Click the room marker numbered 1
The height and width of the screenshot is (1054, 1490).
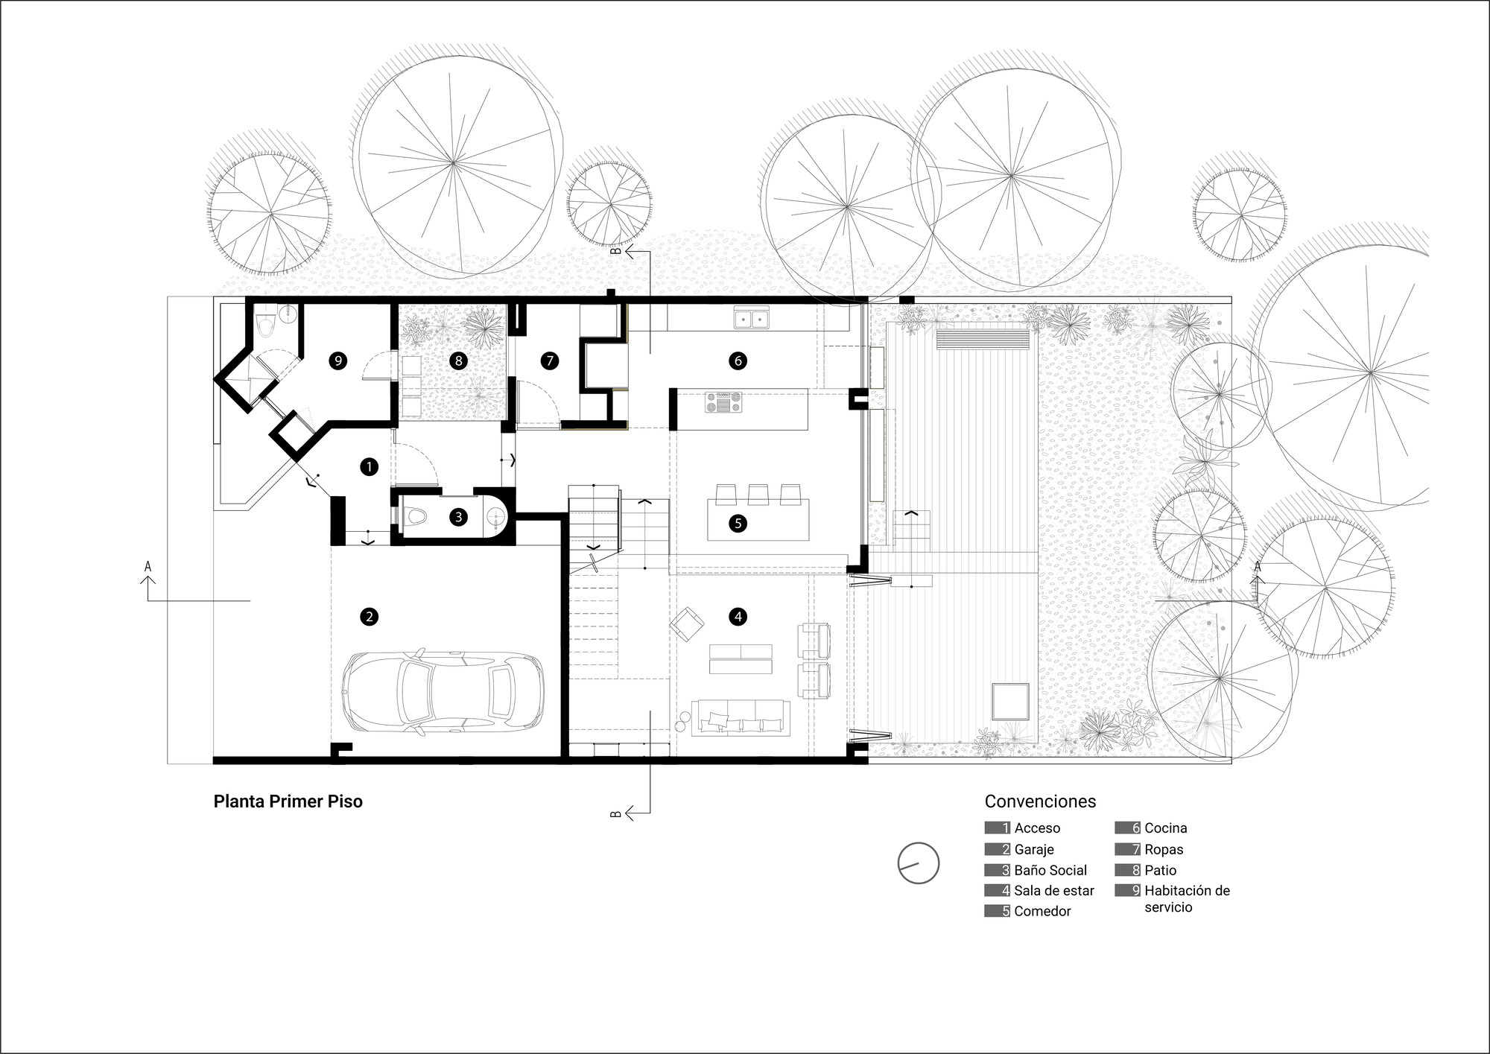pos(368,467)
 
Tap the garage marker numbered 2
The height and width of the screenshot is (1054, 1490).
pos(368,616)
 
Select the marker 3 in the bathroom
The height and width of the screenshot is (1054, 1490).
pos(458,516)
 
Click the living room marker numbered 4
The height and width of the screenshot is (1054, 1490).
pos(738,616)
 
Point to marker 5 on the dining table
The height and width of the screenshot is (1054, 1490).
pos(738,523)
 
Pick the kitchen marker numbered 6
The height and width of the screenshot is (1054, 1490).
pos(738,361)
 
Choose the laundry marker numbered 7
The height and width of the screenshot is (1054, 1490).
pos(550,361)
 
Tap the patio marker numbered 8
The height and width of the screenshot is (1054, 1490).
pos(458,361)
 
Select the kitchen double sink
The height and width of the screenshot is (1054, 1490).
pos(751,320)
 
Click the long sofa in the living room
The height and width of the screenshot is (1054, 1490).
pos(741,718)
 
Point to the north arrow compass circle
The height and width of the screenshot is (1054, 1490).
pos(919,863)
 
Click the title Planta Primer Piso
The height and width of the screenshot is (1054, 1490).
pos(288,801)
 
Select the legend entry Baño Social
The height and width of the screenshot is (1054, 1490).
pos(1050,870)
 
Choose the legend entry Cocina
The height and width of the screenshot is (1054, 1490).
pos(1165,828)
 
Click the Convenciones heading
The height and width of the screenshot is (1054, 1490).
pos(1040,801)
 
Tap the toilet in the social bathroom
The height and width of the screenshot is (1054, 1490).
pos(416,515)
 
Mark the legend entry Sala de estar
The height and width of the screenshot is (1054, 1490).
pos(1053,890)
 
